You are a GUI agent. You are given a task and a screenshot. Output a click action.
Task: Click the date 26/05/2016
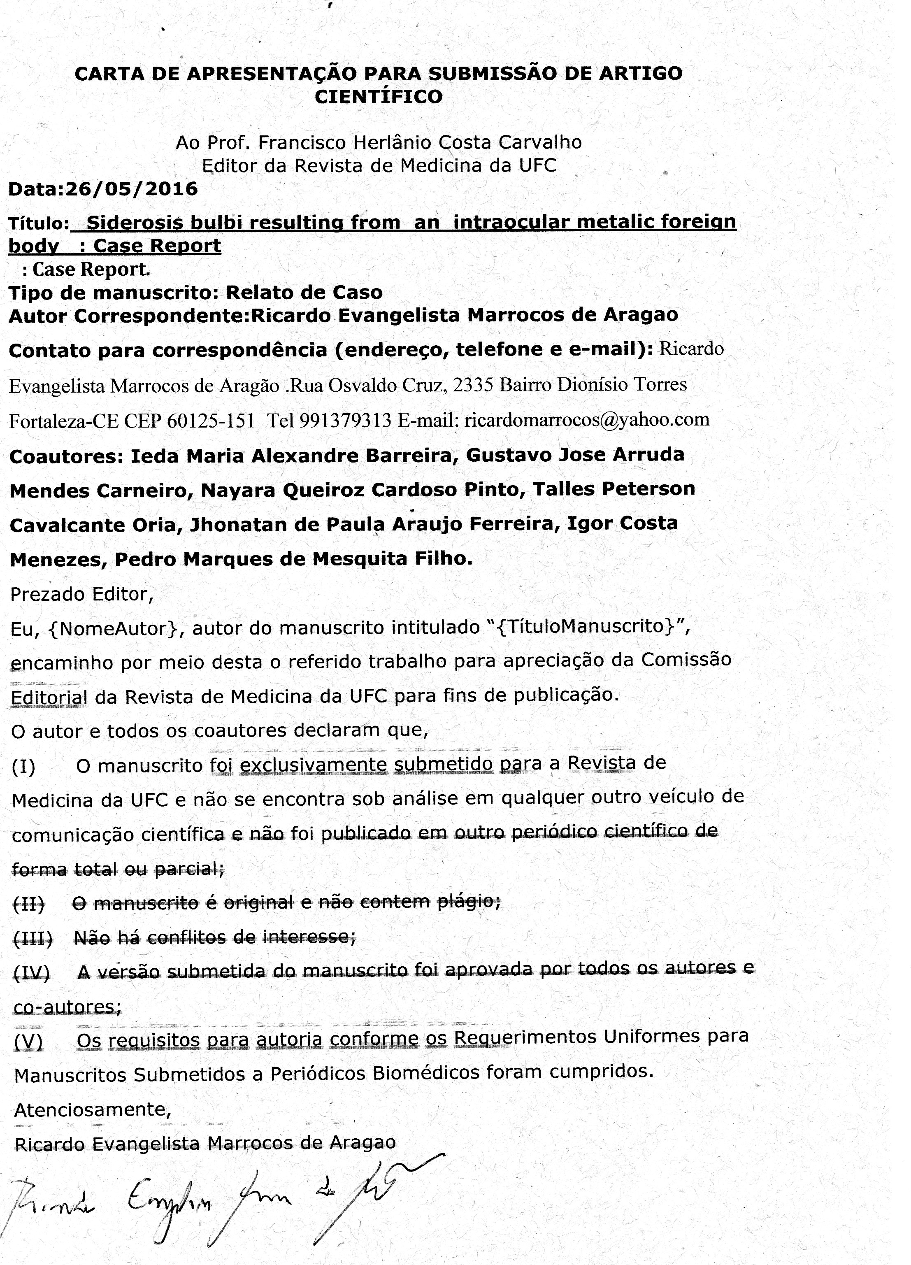point(132,189)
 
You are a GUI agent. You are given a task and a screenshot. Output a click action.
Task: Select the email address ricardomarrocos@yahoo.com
point(587,419)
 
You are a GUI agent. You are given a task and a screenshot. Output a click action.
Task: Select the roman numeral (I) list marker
point(23,767)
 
